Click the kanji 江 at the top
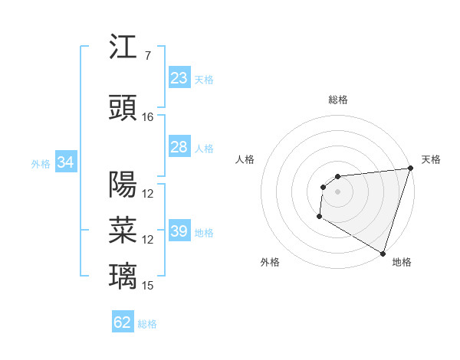(123, 48)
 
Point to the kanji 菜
(123, 228)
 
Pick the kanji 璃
(123, 274)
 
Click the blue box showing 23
(179, 78)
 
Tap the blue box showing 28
(179, 147)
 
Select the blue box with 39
(179, 231)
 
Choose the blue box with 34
(65, 162)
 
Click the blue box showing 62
(123, 322)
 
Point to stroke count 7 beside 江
(147, 56)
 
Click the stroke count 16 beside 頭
(148, 116)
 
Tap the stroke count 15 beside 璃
(148, 285)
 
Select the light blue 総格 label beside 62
(147, 324)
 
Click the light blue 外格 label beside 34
(41, 164)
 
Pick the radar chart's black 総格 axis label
(337, 100)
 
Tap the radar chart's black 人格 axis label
(245, 159)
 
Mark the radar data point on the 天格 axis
(409, 169)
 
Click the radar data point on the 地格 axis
(382, 253)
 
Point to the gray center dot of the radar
(337, 192)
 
